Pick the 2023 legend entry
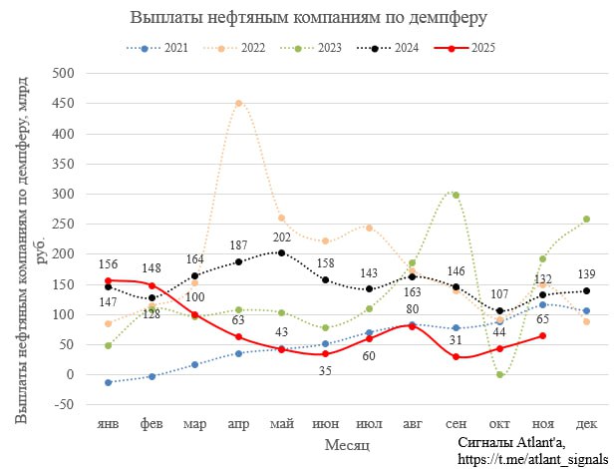point(318,48)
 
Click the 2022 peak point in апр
point(238,103)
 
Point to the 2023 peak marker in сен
point(456,195)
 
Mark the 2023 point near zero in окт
point(499,374)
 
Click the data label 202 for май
point(282,237)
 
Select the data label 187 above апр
point(238,245)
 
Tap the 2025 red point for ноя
point(542,335)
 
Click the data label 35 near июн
point(325,371)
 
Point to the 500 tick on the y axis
point(65,73)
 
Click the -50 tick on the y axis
point(65,404)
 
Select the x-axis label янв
point(108,424)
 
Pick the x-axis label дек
point(586,424)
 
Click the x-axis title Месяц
point(347,443)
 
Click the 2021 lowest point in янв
point(108,382)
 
